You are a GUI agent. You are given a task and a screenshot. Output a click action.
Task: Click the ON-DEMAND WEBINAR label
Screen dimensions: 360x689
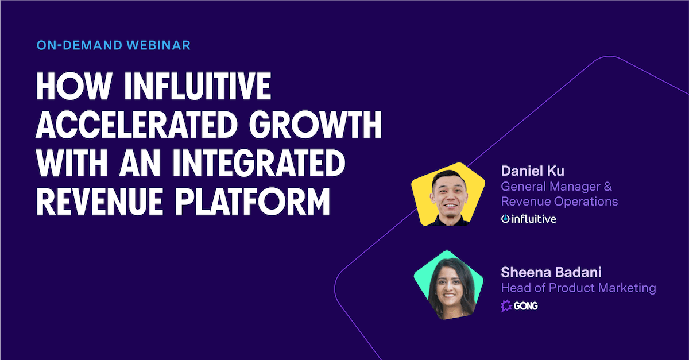click(113, 45)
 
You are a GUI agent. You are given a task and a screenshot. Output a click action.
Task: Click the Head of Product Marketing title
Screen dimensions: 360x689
click(578, 288)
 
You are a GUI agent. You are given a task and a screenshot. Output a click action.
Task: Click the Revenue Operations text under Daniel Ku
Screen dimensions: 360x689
click(559, 202)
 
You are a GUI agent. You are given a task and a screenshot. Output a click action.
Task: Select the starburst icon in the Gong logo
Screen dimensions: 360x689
click(506, 306)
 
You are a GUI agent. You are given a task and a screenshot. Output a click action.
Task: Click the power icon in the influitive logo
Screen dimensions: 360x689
click(505, 219)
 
